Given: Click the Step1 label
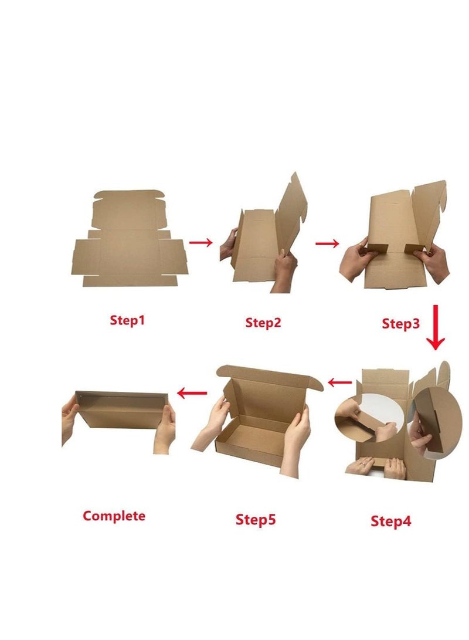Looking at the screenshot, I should pyautogui.click(x=127, y=320).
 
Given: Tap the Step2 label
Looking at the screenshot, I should pyautogui.click(x=263, y=322).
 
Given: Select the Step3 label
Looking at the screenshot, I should pyautogui.click(x=401, y=323).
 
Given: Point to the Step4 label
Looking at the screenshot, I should pyautogui.click(x=391, y=520).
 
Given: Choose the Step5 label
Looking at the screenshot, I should pyautogui.click(x=256, y=519).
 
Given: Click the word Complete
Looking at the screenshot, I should pyautogui.click(x=114, y=516).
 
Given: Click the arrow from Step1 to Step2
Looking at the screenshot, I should pyautogui.click(x=201, y=243).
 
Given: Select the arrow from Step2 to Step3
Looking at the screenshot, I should pyautogui.click(x=327, y=243).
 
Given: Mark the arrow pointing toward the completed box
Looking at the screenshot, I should pyautogui.click(x=192, y=392).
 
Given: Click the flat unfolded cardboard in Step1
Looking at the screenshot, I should pyautogui.click(x=129, y=241).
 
